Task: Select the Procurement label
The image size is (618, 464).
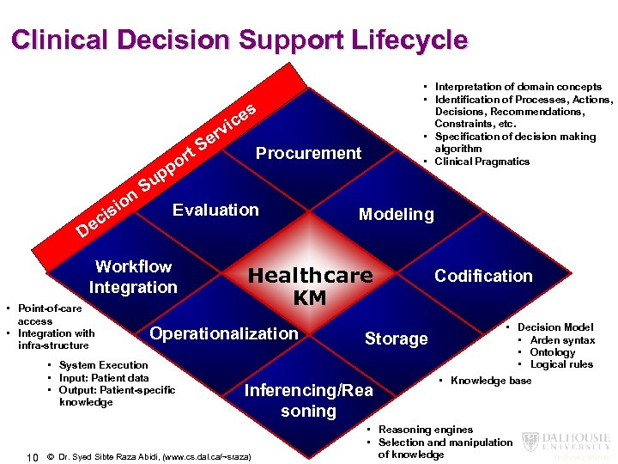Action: point(308,154)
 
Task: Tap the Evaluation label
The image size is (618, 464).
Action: point(215,210)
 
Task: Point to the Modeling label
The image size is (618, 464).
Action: point(396,215)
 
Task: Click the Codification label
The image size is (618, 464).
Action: point(483,276)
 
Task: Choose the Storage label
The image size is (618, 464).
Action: point(396,339)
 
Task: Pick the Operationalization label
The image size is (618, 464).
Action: point(224,333)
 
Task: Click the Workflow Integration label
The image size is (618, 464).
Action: point(133,277)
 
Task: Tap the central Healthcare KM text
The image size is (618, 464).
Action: point(310,286)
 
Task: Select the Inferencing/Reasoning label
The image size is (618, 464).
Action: point(309,400)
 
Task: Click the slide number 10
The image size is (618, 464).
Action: point(32,456)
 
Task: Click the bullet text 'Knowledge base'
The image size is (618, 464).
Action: point(491,381)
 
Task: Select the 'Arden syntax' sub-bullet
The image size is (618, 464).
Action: point(562,340)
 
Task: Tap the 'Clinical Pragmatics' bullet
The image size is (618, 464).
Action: point(482,162)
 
